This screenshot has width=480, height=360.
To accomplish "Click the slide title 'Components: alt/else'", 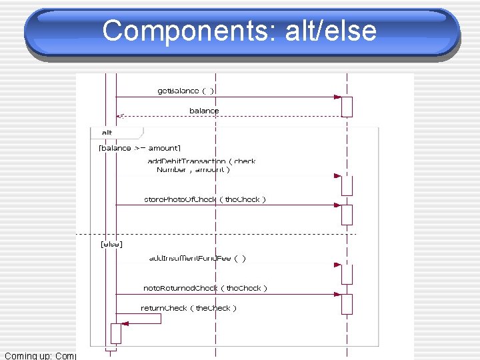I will pyautogui.click(x=240, y=31).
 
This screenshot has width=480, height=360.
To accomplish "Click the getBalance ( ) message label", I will pyautogui.click(x=186, y=90).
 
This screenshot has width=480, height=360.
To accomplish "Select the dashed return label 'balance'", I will pyautogui.click(x=204, y=110).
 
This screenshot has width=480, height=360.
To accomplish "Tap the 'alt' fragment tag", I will pyautogui.click(x=107, y=132).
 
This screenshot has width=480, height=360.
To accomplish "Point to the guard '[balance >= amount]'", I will pyautogui.click(x=139, y=148).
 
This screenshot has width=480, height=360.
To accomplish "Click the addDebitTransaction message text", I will pyautogui.click(x=201, y=161).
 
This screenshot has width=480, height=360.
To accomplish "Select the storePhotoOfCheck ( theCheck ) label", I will pyautogui.click(x=205, y=199).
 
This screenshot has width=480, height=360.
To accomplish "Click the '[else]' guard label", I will pyautogui.click(x=111, y=245).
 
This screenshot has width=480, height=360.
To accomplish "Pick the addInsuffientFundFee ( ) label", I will pyautogui.click(x=197, y=258).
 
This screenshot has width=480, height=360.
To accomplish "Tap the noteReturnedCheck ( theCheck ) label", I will pyautogui.click(x=205, y=288).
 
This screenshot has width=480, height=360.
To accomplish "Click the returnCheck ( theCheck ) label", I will pyautogui.click(x=189, y=308).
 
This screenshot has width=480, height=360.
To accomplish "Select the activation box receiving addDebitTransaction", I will pyautogui.click(x=347, y=185).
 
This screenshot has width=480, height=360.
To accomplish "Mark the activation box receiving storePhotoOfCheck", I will pyautogui.click(x=347, y=215).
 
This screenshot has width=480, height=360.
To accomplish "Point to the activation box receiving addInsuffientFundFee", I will pyautogui.click(x=347, y=273).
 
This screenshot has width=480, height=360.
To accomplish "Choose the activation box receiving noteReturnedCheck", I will pyautogui.click(x=347, y=304).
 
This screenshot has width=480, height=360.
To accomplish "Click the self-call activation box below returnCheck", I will pyautogui.click(x=116, y=333).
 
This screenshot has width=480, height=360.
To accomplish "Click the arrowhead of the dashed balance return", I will pyautogui.click(x=119, y=116).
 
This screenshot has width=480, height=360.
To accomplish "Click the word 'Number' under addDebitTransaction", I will pyautogui.click(x=171, y=170).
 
